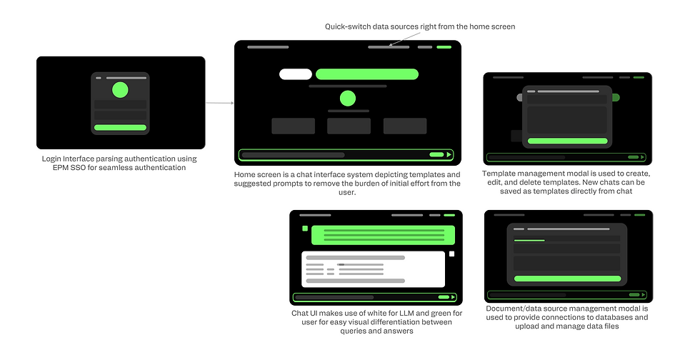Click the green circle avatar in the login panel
point(120,90)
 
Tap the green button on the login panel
point(120,128)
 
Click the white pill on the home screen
point(296,74)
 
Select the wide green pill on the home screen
point(367,74)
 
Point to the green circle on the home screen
point(347,99)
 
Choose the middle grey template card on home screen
point(349,126)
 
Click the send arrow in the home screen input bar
point(449,154)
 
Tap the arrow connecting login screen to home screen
point(220,103)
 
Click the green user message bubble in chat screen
point(383,235)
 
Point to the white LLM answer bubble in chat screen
point(373,269)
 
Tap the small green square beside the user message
point(305,229)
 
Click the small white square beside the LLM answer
point(451,254)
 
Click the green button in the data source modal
point(567,279)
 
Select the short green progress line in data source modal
point(529,240)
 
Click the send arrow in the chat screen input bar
point(453,297)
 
